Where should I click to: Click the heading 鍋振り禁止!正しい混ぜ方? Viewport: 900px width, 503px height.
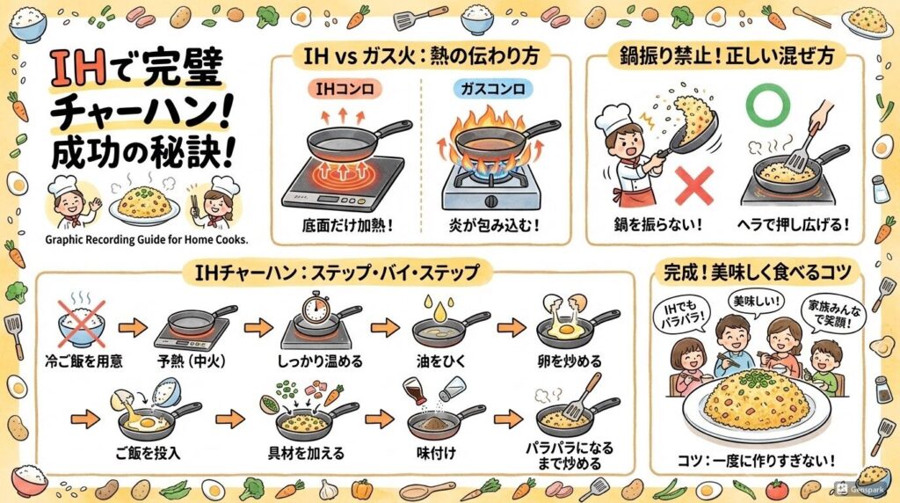[x=725, y=55]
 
